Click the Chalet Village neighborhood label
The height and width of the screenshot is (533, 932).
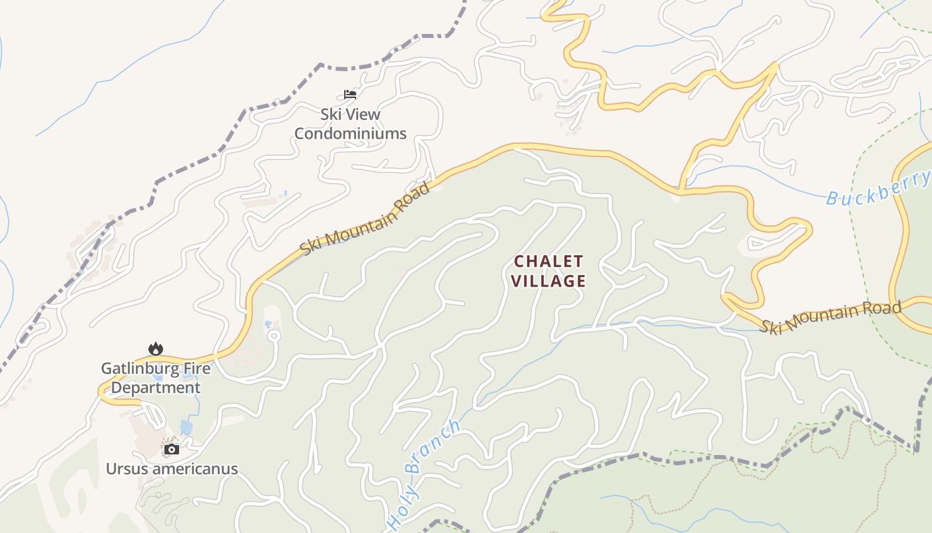(549, 271)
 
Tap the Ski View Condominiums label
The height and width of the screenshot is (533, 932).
(350, 124)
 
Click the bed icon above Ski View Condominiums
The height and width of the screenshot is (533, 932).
(350, 95)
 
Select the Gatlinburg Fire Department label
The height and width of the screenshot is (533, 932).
(155, 378)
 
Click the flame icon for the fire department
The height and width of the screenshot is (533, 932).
(155, 348)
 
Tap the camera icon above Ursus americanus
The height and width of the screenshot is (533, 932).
(172, 450)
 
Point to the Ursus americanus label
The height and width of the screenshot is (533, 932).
(172, 469)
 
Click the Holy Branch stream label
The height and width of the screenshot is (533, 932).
(423, 474)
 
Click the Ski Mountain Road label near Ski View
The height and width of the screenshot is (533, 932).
(365, 219)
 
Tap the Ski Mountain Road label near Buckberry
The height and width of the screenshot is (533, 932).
(831, 317)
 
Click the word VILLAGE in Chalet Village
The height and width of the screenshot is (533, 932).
(549, 281)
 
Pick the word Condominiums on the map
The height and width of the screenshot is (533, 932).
(350, 134)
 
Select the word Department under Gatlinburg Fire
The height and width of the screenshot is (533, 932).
(155, 388)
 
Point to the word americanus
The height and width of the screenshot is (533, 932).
(195, 469)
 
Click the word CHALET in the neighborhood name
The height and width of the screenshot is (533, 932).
(549, 261)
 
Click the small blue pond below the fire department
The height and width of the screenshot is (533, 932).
(186, 426)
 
